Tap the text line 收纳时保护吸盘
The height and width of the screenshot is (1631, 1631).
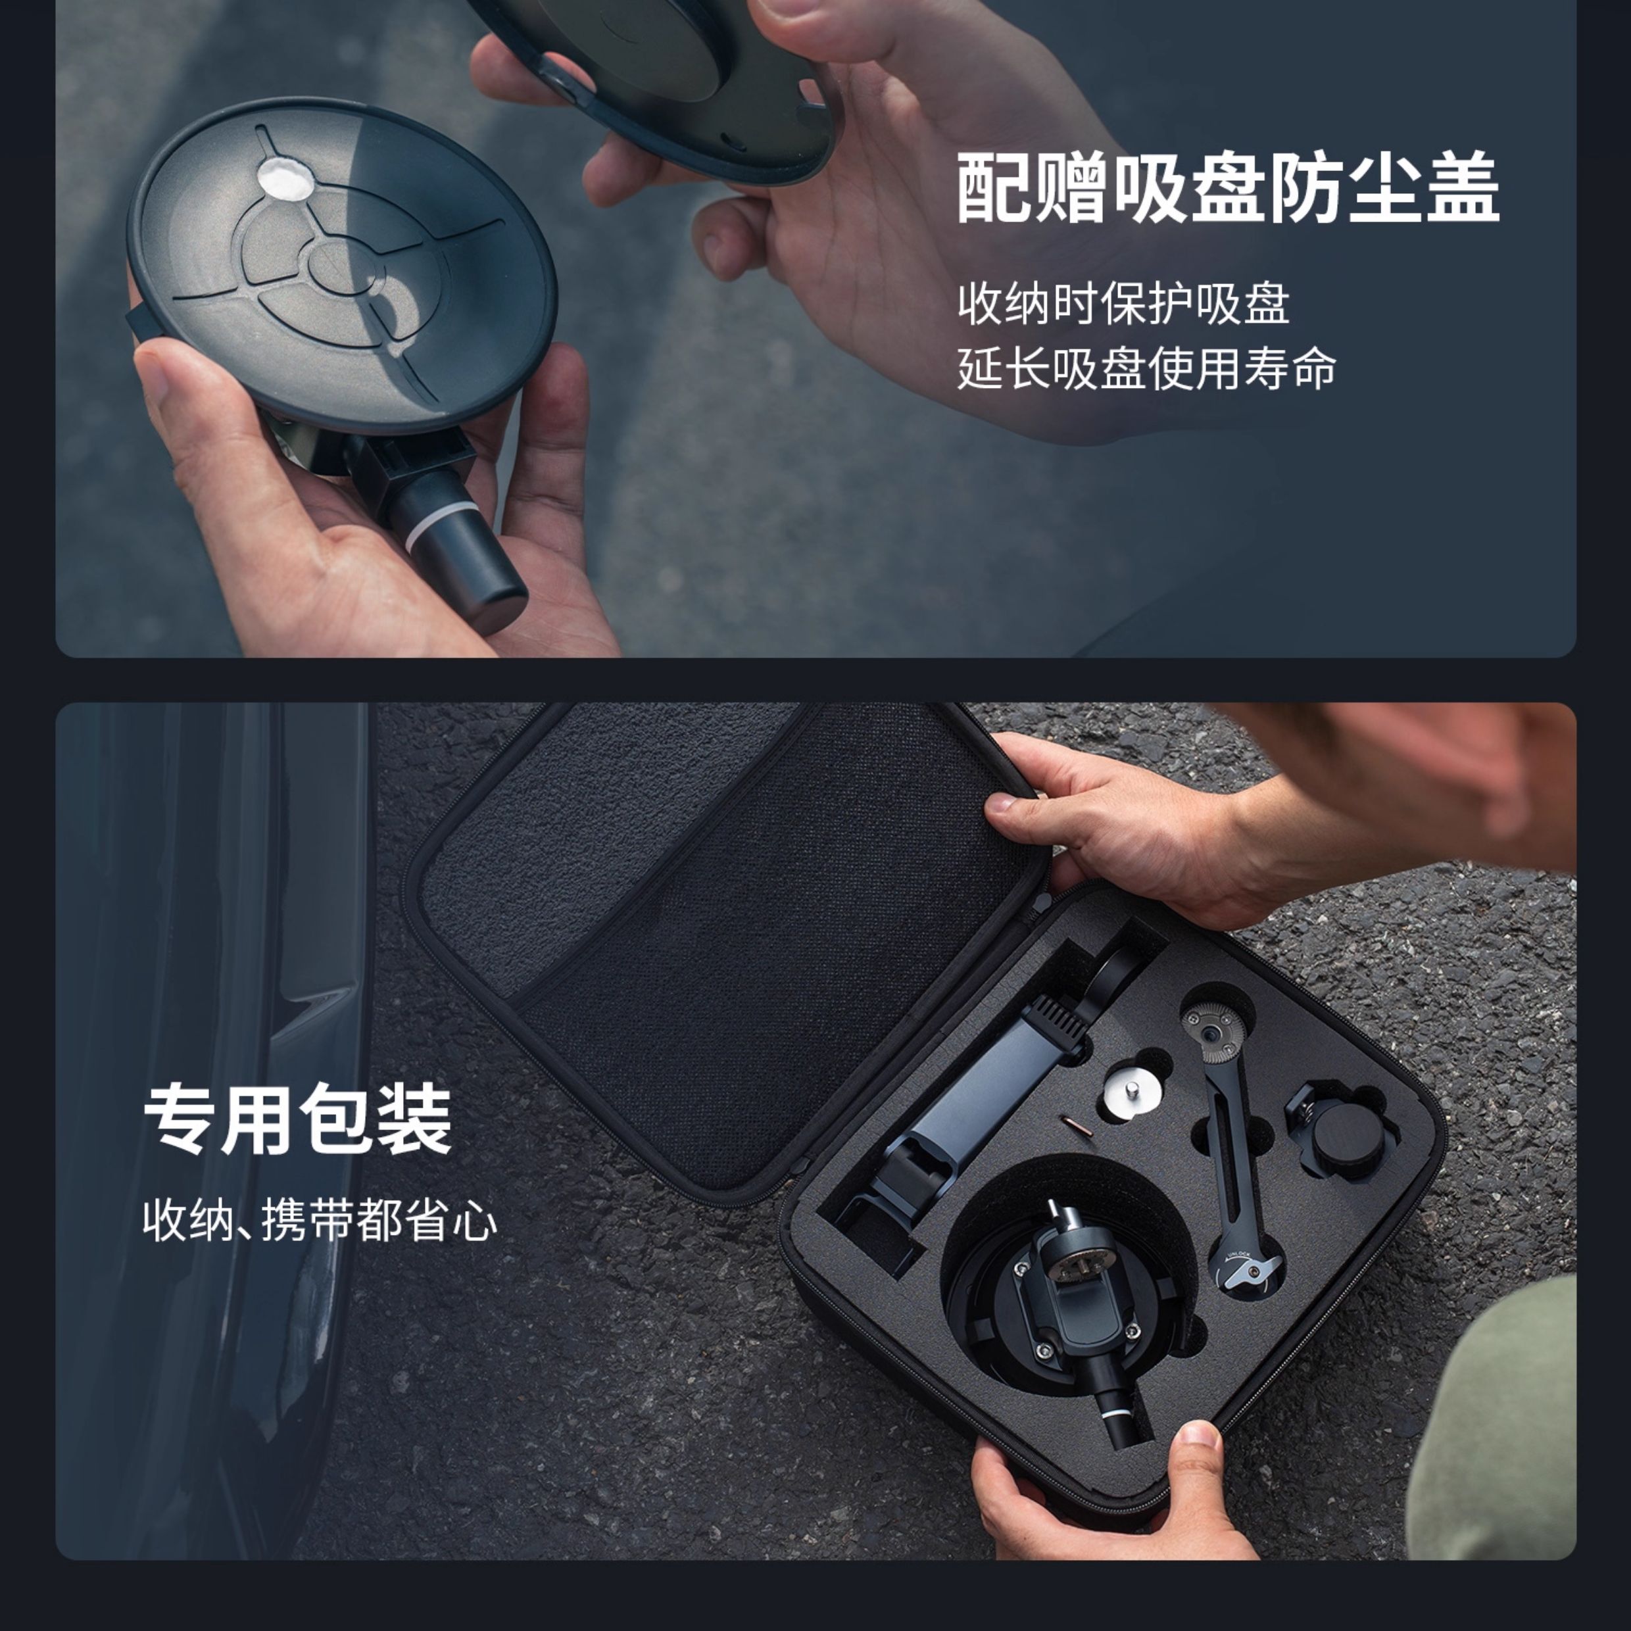click(1123, 304)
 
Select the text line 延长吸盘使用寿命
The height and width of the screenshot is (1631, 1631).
click(1146, 369)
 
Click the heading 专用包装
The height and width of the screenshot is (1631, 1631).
click(297, 1120)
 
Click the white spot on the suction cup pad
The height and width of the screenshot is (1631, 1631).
click(283, 178)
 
